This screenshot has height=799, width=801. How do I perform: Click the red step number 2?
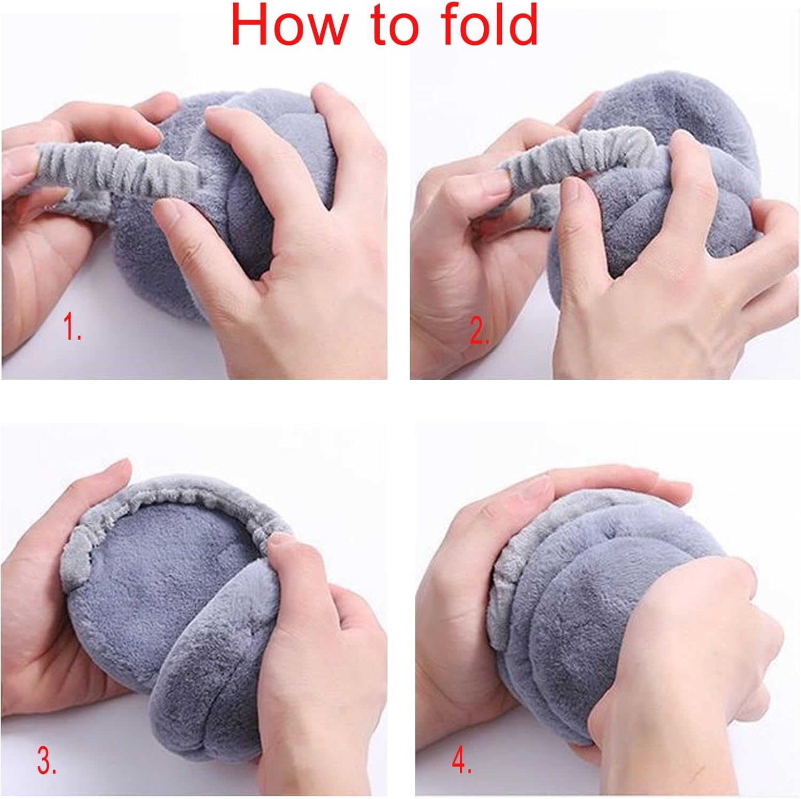coord(479,332)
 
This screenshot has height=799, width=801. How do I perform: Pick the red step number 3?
coord(47,761)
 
